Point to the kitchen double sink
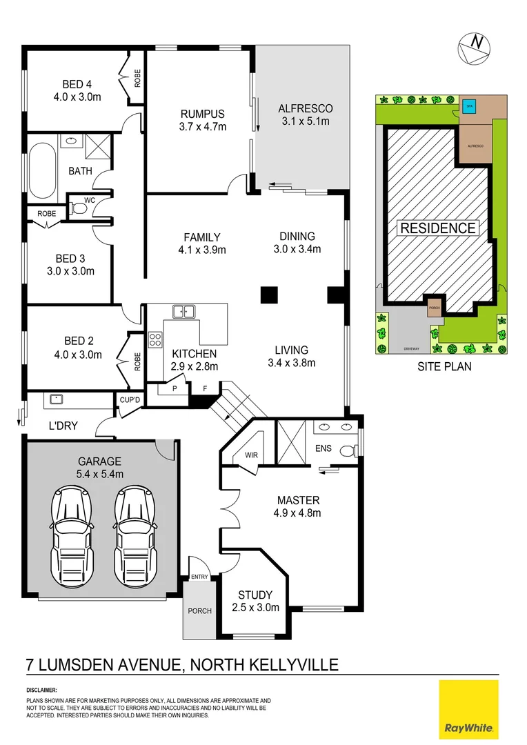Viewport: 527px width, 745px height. [x=183, y=312]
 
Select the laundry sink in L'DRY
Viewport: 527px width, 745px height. [x=54, y=399]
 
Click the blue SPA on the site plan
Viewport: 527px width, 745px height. [x=470, y=106]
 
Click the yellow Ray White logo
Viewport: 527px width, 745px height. [x=468, y=708]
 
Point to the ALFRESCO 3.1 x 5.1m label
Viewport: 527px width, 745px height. [x=305, y=115]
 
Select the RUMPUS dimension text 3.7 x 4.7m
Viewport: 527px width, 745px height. [x=203, y=126]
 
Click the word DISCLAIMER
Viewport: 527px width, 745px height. [x=42, y=690]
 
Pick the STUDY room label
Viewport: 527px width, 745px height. [x=255, y=595]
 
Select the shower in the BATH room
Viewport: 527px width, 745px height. [x=98, y=146]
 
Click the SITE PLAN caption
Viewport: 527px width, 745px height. [x=444, y=367]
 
